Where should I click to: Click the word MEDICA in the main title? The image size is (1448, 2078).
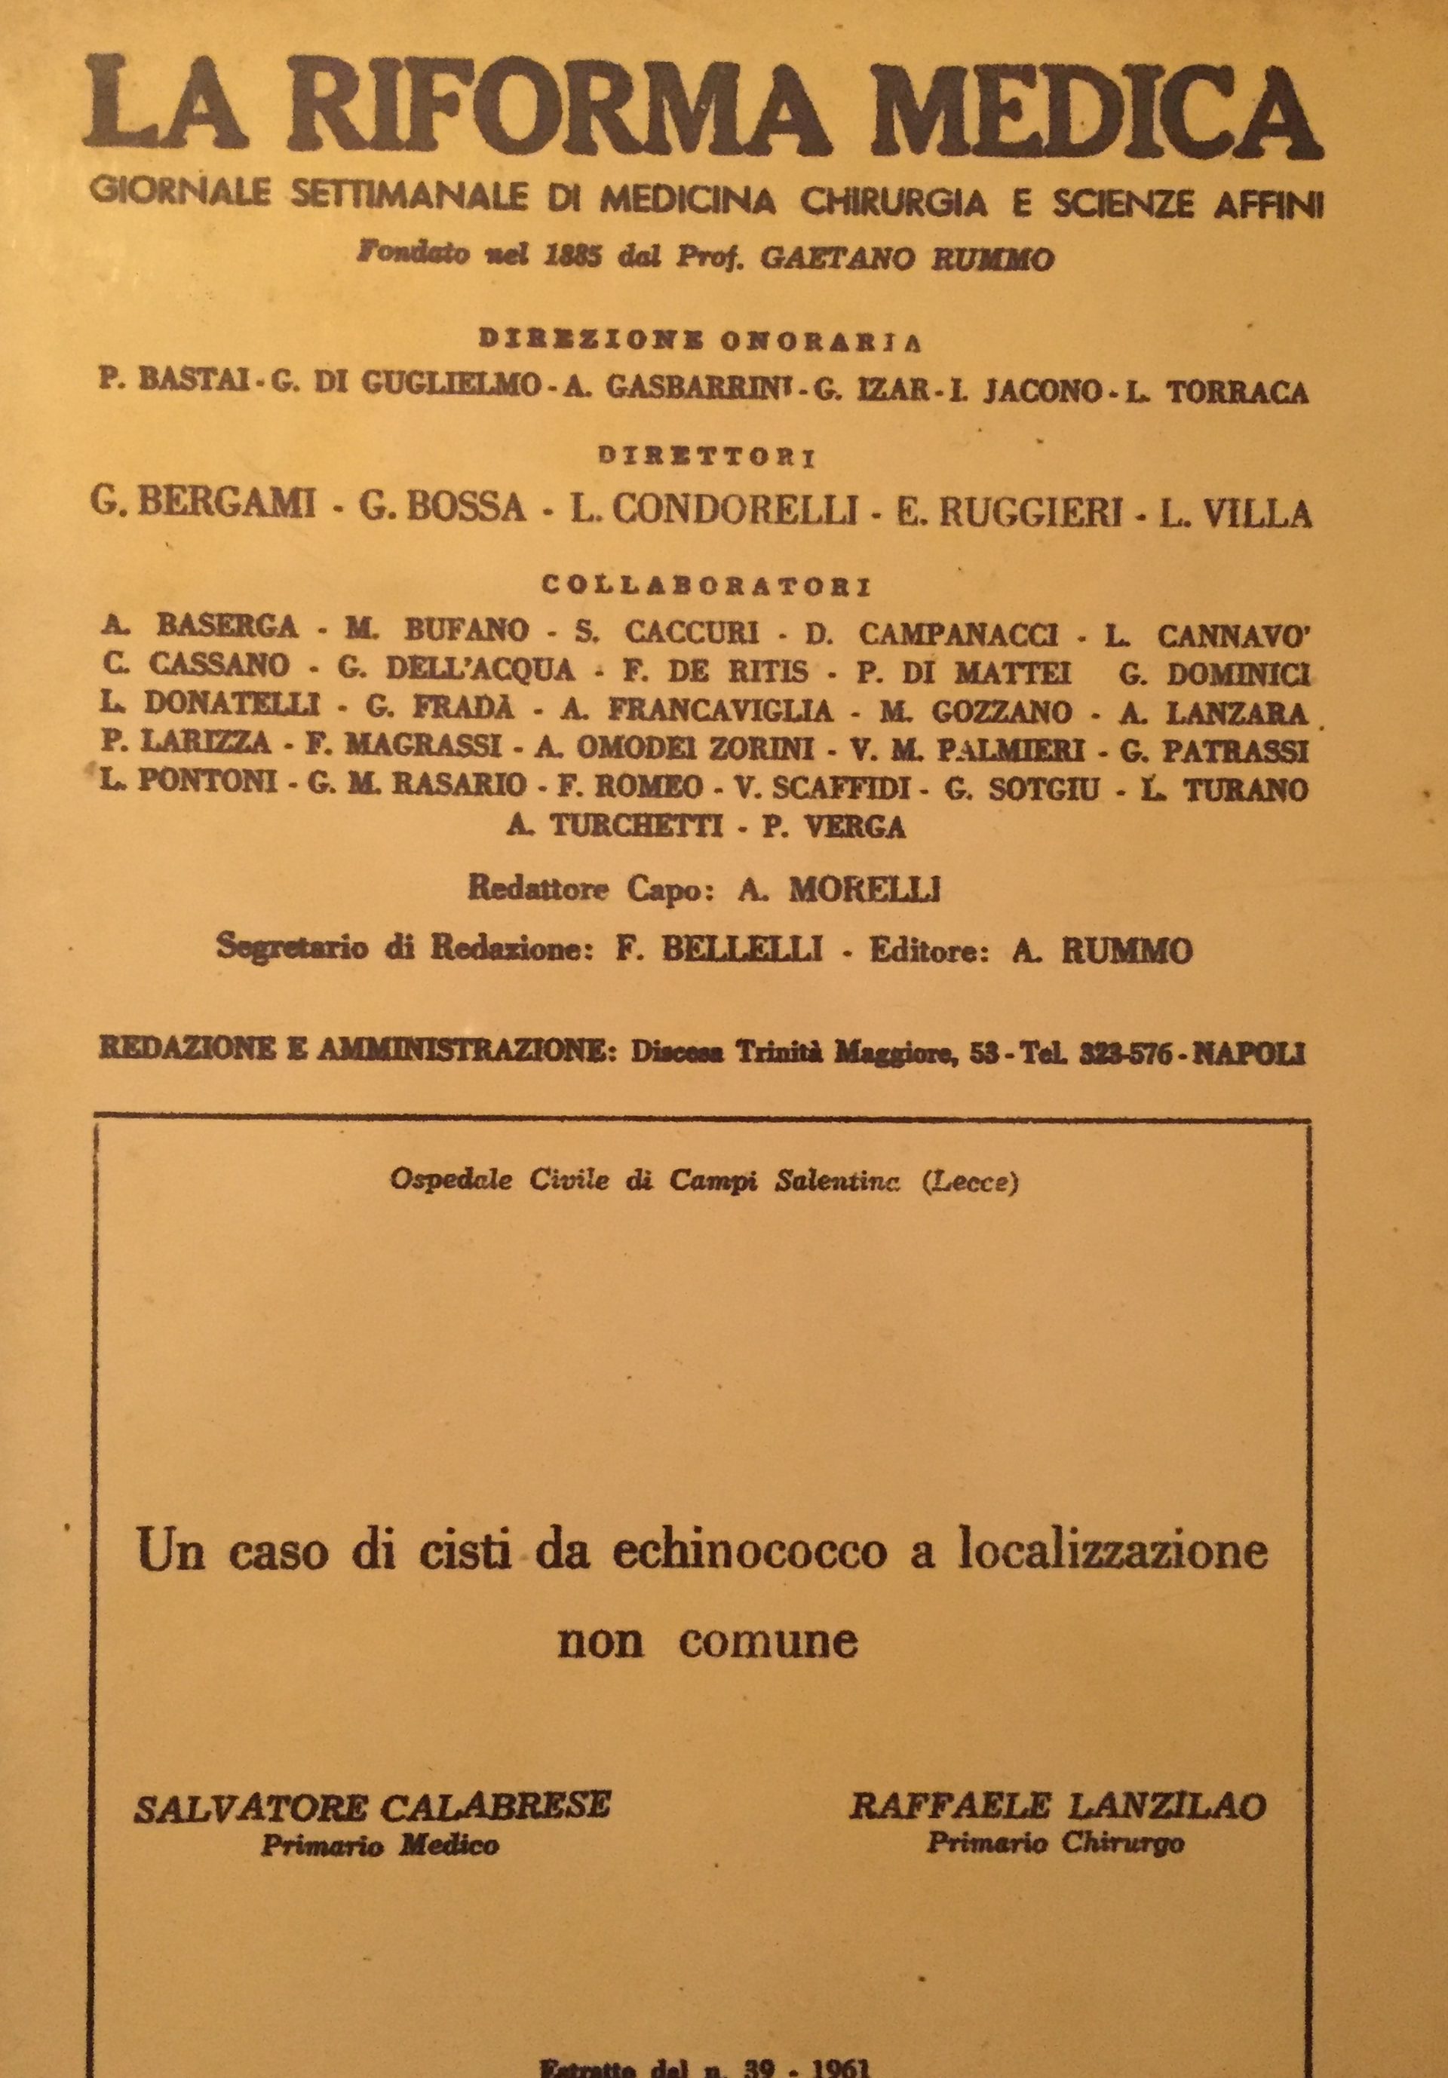1095,107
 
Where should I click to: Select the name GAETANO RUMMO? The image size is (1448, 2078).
907,259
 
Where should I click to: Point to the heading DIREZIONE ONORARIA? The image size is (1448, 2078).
701,340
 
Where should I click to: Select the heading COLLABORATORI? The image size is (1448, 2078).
706,587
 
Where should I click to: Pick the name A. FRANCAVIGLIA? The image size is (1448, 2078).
696,710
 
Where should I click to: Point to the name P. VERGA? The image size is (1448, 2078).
833,826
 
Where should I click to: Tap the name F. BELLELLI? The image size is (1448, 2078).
719,949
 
